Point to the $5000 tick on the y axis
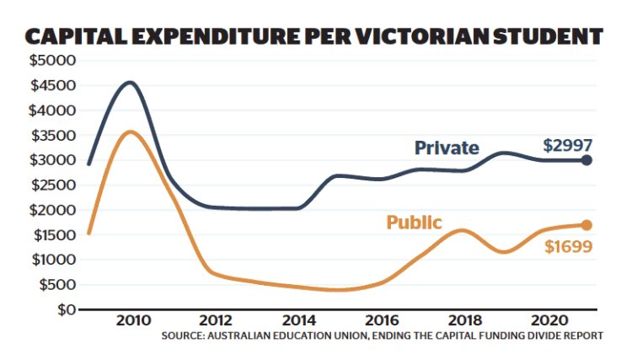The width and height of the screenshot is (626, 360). (x=52, y=61)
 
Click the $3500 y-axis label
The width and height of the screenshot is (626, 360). (x=52, y=135)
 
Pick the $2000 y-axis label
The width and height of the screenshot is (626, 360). (x=52, y=210)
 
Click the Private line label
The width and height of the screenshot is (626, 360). (x=447, y=148)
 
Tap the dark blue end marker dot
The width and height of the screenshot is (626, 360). (x=587, y=160)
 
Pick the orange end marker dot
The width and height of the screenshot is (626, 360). (x=587, y=225)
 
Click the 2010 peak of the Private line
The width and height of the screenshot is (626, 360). (x=130, y=83)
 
